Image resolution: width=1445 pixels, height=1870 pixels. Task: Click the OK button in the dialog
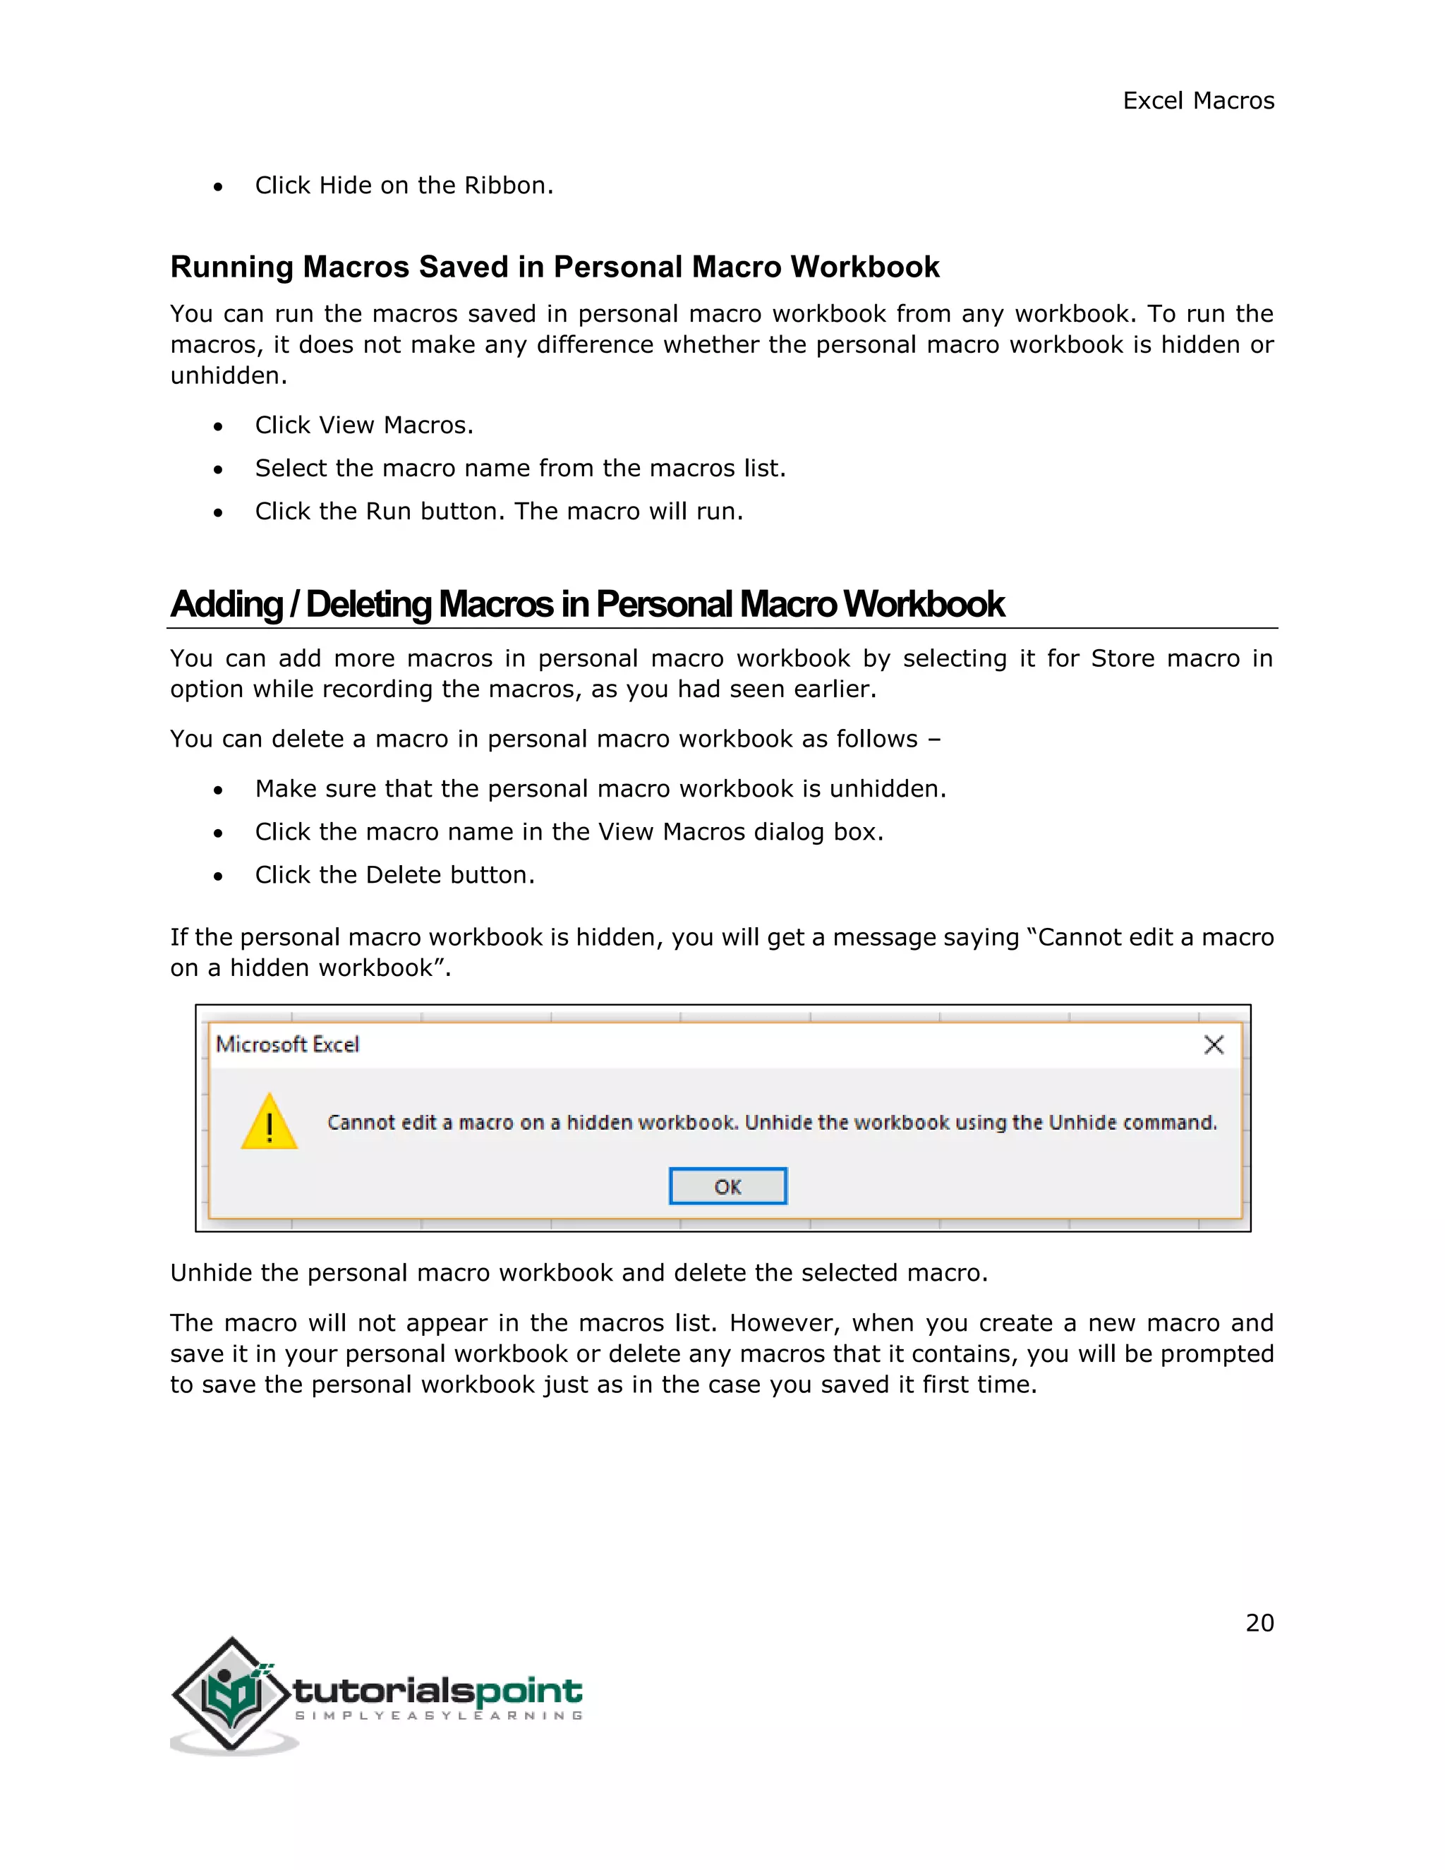pyautogui.click(x=727, y=1186)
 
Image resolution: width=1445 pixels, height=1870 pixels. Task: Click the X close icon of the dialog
pyautogui.click(x=1213, y=1044)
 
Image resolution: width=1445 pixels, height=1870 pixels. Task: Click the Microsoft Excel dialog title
pyautogui.click(x=288, y=1044)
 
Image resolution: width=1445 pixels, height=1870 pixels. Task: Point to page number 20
pyautogui.click(x=1259, y=1622)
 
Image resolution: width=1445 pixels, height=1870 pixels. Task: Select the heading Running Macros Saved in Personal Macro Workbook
pyautogui.click(x=555, y=267)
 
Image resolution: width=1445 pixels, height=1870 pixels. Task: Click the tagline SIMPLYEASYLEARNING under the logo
pyautogui.click(x=438, y=1715)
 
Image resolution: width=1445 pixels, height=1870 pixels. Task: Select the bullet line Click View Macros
pyautogui.click(x=364, y=426)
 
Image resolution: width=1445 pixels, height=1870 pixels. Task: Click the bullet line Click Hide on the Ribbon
pyautogui.click(x=404, y=186)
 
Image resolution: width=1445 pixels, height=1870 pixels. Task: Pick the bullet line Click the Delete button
pyautogui.click(x=394, y=875)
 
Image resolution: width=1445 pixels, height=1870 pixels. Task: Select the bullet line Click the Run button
pyautogui.click(x=499, y=511)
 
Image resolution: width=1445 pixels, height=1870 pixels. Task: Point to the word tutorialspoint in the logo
pyautogui.click(x=437, y=1691)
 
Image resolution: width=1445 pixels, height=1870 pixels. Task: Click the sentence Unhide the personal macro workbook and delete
pyautogui.click(x=579, y=1273)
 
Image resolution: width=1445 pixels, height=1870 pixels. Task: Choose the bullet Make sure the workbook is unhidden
pyautogui.click(x=600, y=789)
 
